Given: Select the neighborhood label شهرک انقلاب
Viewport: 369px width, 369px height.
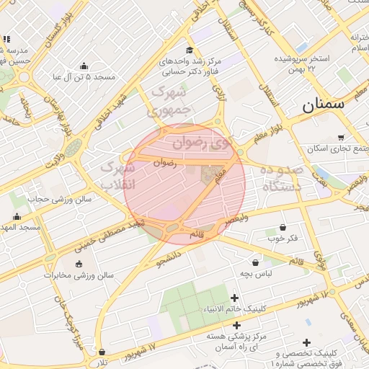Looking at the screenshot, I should click(x=117, y=175).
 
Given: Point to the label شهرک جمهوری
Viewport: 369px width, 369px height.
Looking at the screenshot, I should click(x=169, y=102).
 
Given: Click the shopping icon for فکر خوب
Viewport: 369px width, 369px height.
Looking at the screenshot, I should click(x=283, y=226).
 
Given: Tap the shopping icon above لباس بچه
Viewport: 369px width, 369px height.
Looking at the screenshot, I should click(x=256, y=263).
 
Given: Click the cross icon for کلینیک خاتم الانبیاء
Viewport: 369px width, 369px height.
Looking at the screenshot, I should click(x=234, y=298).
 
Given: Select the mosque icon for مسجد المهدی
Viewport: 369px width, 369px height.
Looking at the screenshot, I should click(x=17, y=216).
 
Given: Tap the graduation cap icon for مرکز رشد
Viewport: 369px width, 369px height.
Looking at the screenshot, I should click(x=190, y=50).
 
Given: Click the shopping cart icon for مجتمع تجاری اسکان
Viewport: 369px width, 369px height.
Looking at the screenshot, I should click(x=341, y=138).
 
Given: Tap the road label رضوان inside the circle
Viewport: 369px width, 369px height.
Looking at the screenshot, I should click(x=164, y=164).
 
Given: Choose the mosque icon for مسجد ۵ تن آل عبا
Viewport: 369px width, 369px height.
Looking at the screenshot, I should click(x=84, y=65).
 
